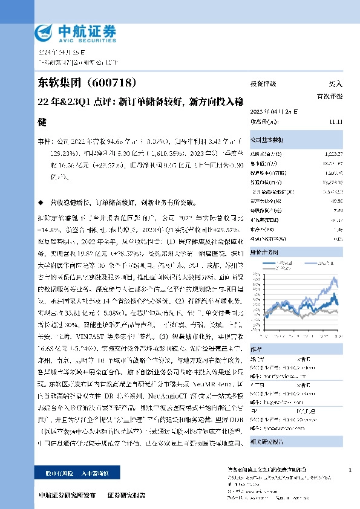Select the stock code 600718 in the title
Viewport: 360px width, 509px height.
pos(124,82)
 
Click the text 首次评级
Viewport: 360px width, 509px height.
pos(330,96)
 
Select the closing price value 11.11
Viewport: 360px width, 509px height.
pos(336,122)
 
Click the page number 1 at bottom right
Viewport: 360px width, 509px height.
pos(350,470)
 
